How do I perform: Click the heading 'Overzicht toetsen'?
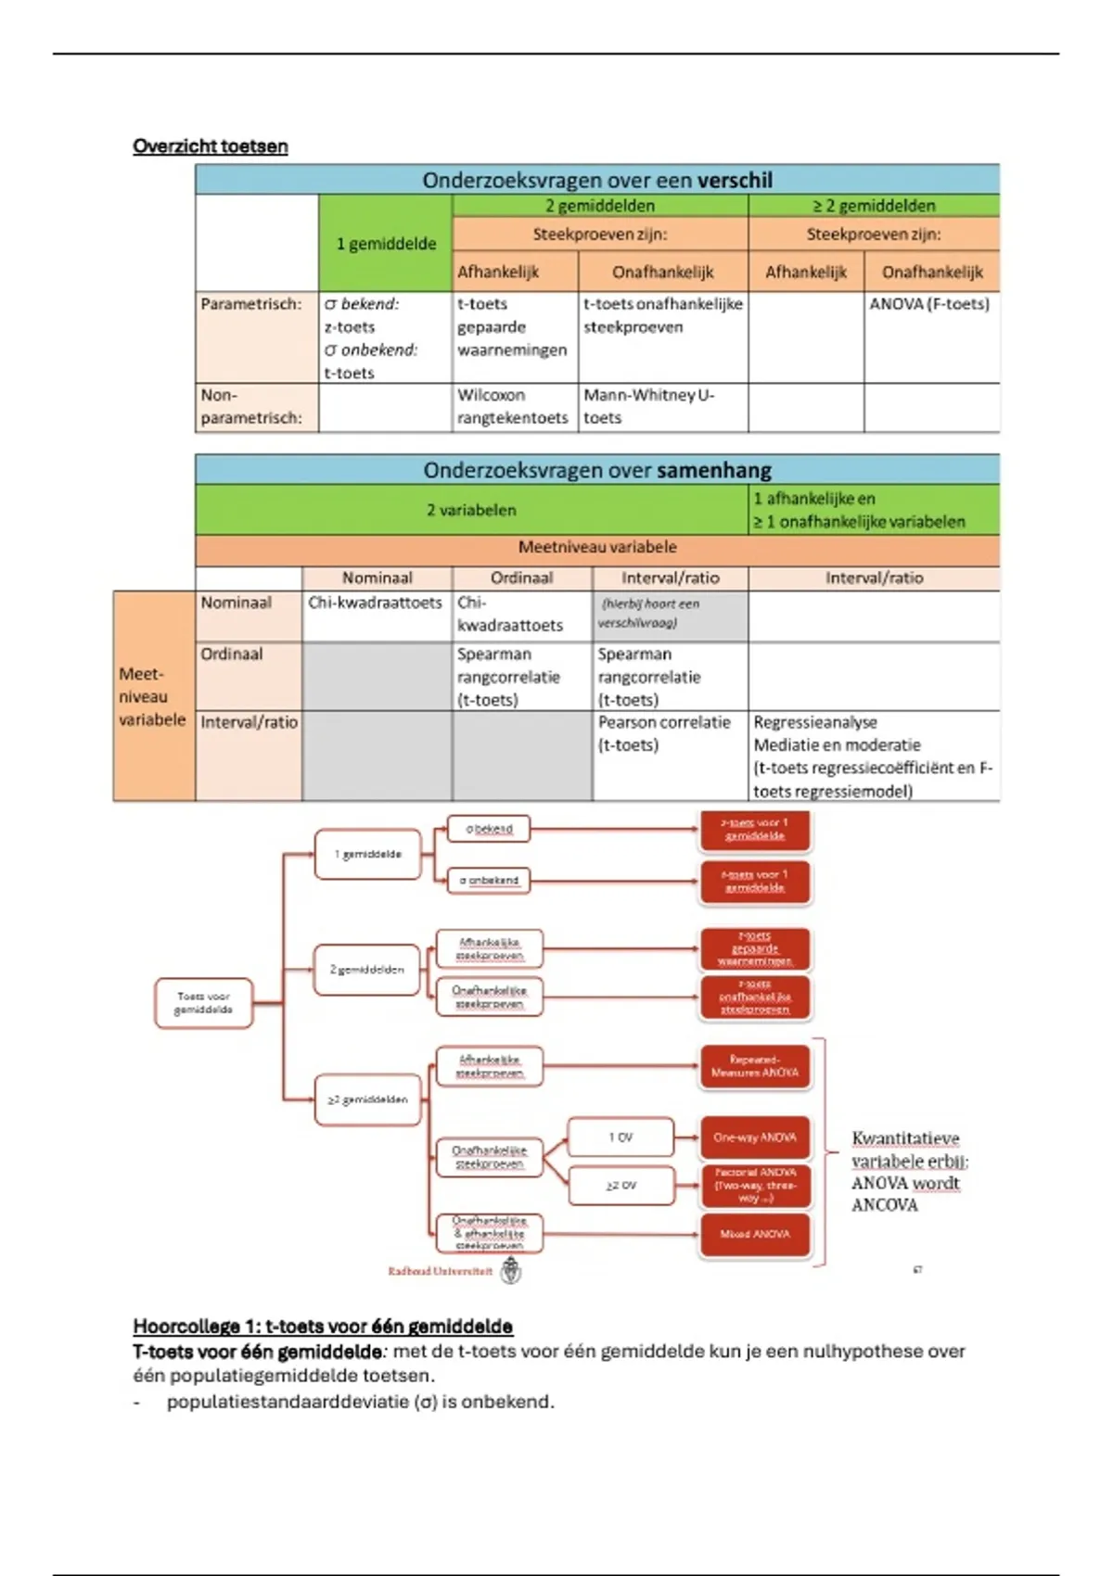click(x=211, y=146)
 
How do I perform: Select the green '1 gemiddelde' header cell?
click(x=386, y=244)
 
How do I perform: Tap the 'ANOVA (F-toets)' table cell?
click(x=929, y=304)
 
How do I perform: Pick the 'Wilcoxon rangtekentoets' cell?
click(x=513, y=406)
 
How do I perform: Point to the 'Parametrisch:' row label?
click(x=251, y=304)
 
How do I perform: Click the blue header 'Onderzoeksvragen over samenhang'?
click(x=597, y=470)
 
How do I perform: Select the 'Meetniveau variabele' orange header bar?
click(x=597, y=548)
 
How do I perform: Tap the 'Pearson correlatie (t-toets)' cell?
click(x=664, y=733)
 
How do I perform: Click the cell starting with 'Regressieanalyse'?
click(x=872, y=756)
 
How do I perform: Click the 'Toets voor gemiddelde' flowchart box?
click(x=204, y=1003)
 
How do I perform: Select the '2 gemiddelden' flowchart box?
click(x=367, y=970)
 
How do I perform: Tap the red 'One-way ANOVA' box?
click(x=755, y=1138)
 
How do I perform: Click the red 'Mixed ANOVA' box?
click(x=755, y=1234)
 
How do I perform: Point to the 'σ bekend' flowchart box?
click(x=489, y=829)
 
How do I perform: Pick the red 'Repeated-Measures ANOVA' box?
click(x=755, y=1066)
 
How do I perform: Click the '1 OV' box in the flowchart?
click(x=620, y=1138)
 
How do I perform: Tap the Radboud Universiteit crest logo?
click(x=511, y=1271)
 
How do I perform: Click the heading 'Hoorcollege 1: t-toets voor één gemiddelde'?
click(x=323, y=1327)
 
